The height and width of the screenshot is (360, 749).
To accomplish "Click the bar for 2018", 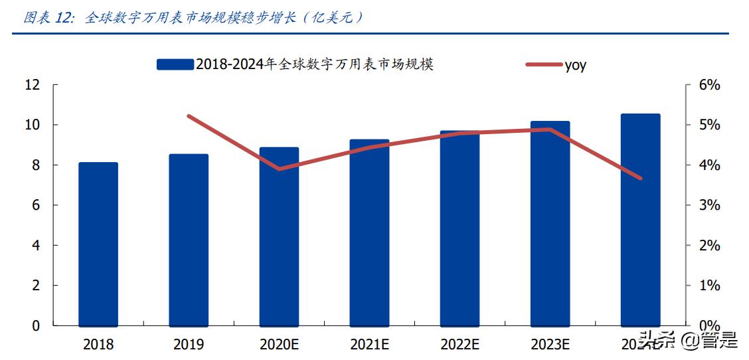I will (x=98, y=244).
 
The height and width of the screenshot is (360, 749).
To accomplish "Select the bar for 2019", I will (x=189, y=240).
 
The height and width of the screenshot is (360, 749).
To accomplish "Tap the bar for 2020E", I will (x=279, y=237).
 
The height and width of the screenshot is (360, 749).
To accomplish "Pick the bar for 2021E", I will (x=369, y=233).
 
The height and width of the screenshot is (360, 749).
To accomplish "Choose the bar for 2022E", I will (x=459, y=228).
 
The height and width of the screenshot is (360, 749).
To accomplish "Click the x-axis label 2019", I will (x=189, y=344).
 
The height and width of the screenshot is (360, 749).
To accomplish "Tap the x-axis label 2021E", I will (x=369, y=344).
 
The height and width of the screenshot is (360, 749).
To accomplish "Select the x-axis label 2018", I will (x=98, y=344).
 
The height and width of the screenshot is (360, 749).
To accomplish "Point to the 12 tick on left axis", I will (x=33, y=85).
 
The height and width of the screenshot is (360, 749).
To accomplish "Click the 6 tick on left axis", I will (x=36, y=205).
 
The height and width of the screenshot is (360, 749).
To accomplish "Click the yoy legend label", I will (x=575, y=64).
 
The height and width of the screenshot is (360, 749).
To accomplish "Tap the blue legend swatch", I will (x=175, y=64).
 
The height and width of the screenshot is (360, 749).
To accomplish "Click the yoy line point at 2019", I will (x=189, y=116).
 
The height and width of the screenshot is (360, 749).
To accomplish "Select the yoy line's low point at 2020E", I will (x=279, y=169).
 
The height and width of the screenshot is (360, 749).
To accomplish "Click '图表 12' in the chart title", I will (x=48, y=18).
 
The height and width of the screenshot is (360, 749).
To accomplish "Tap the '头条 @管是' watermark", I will (x=688, y=341).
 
